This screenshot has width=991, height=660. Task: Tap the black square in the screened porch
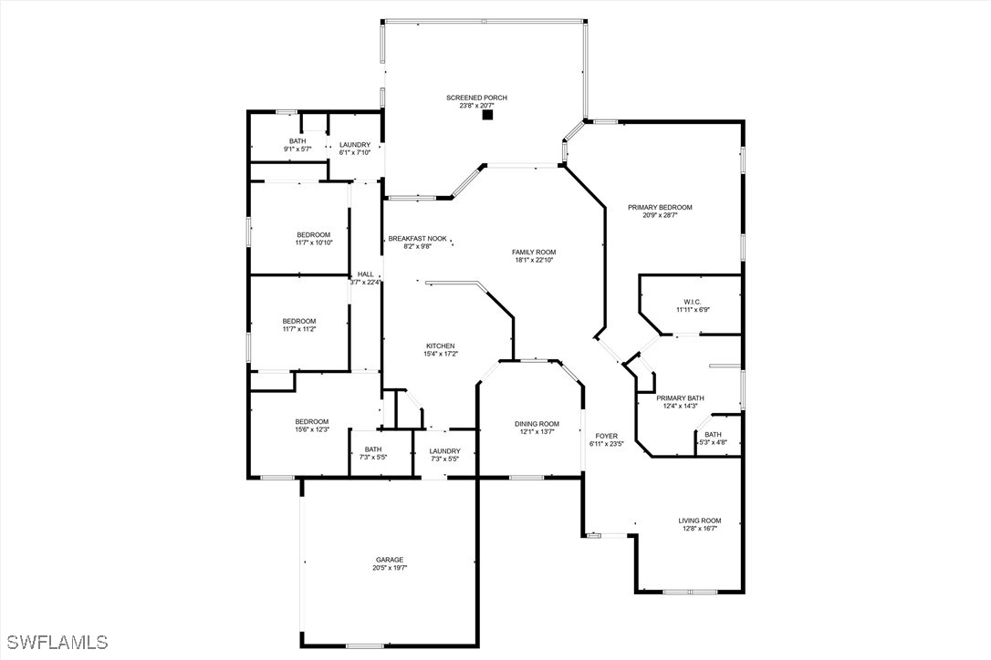click(487, 115)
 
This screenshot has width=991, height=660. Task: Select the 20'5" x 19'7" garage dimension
click(390, 568)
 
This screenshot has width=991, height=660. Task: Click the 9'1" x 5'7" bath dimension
click(297, 150)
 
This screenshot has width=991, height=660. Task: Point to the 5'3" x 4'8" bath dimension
click(713, 443)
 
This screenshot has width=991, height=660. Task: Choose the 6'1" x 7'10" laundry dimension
click(355, 152)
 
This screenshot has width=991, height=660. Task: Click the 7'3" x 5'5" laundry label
click(445, 455)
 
